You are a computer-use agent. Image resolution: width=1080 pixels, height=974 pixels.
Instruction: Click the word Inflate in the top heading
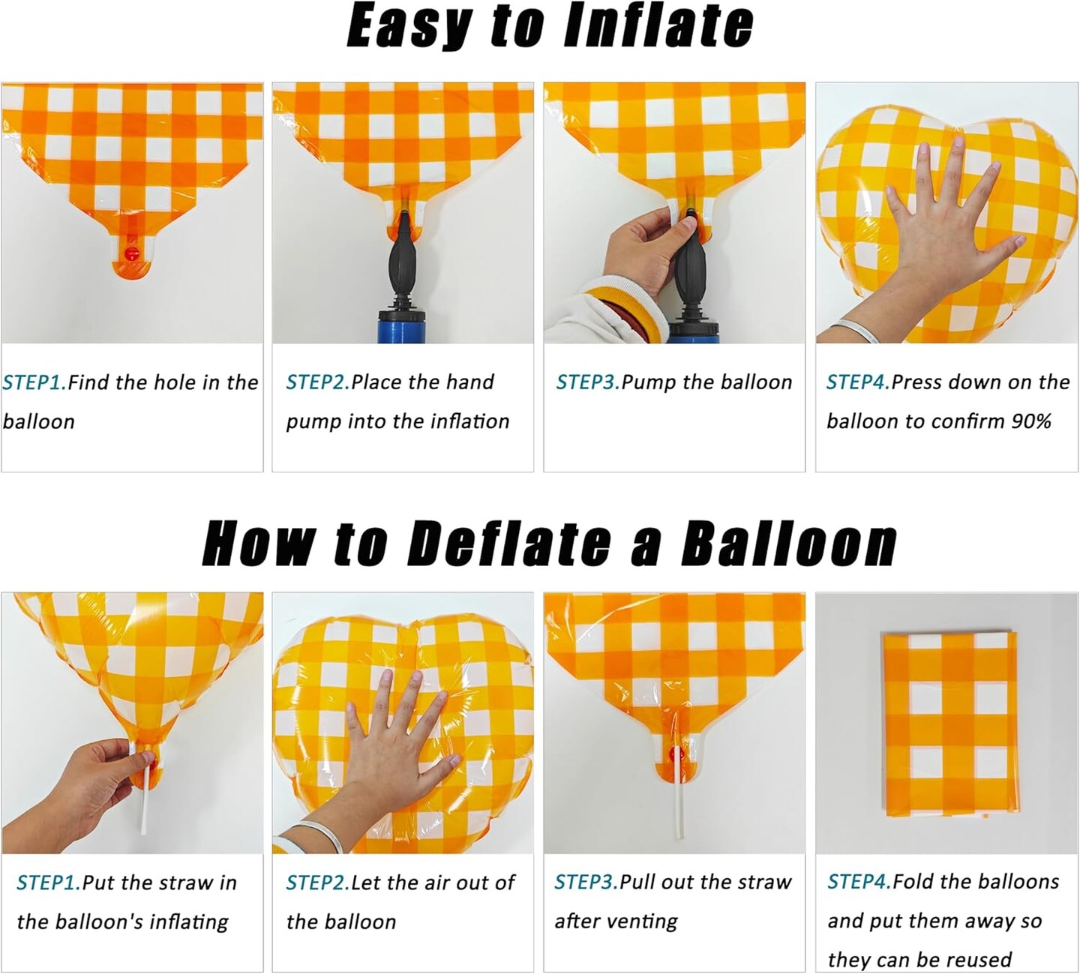659,26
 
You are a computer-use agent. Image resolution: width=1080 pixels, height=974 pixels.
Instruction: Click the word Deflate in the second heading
508,544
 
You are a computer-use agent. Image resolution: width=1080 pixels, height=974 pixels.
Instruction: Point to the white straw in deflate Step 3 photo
677,808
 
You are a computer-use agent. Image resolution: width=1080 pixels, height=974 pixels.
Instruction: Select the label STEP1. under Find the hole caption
34,383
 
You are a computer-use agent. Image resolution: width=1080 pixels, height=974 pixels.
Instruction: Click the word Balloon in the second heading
789,544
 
